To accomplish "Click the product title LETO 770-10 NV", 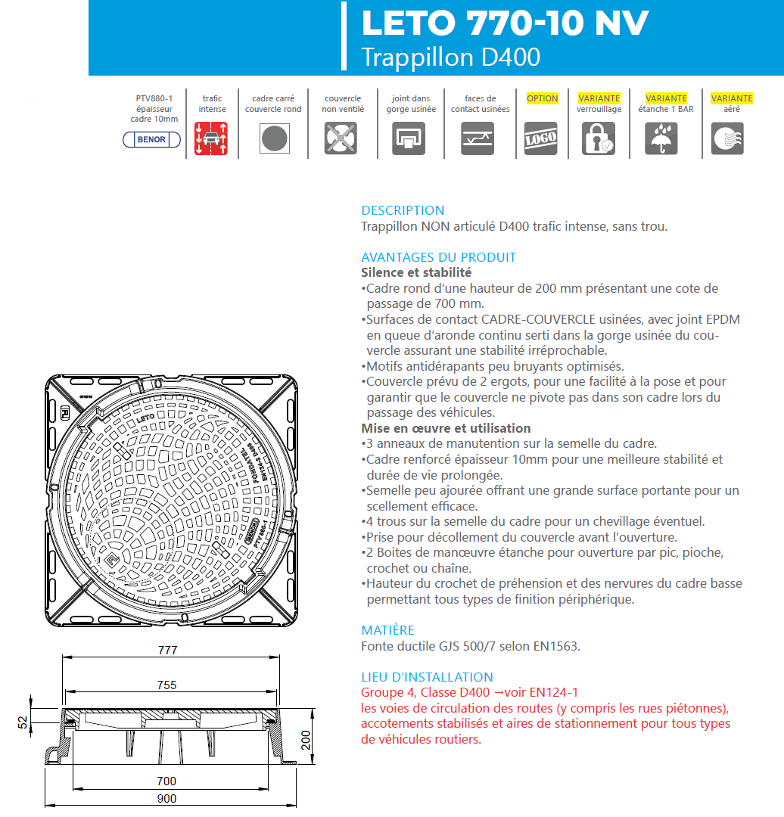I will (x=505, y=23).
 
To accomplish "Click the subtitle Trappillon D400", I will (x=451, y=57).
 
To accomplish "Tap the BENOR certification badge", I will (x=151, y=140).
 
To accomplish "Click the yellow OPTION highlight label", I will (x=542, y=98).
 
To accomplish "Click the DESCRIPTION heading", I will (x=403, y=210).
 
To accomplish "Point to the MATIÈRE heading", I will (x=387, y=630).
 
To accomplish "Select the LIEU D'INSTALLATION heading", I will (x=427, y=677).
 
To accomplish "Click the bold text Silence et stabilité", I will (x=416, y=272).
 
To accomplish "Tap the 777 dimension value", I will (x=167, y=651).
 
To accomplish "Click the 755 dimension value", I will (x=166, y=685).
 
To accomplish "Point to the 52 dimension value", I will (x=23, y=722).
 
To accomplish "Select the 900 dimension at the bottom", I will (x=166, y=799).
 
